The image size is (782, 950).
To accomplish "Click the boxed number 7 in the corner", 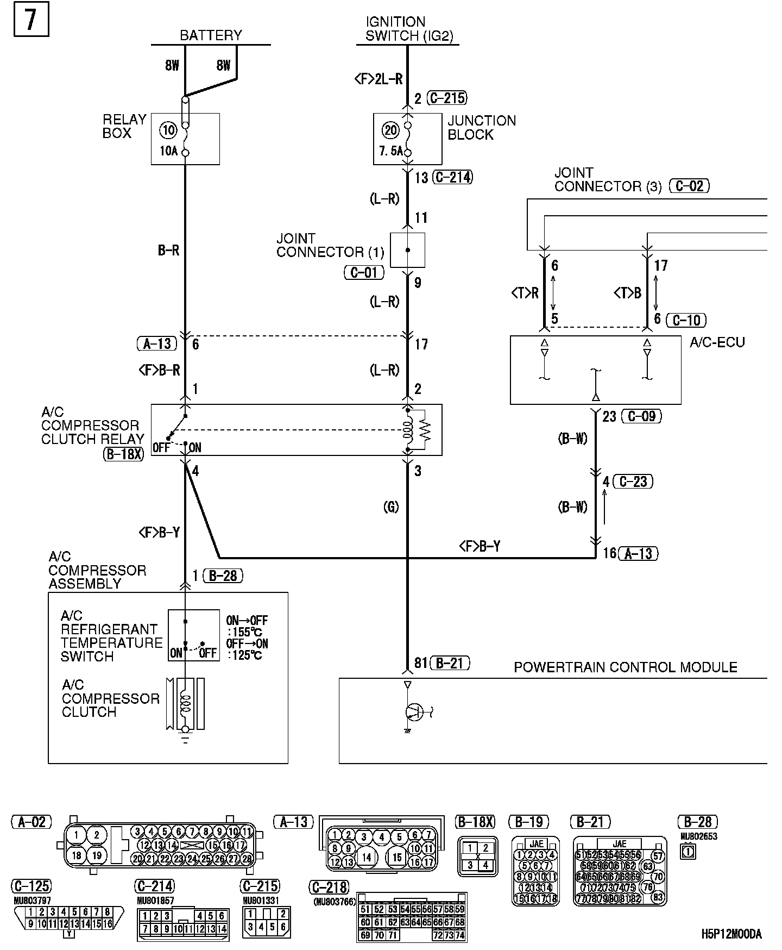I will tap(31, 20).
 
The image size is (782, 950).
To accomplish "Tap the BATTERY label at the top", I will tap(211, 36).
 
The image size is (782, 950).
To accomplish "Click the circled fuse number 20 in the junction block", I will tap(391, 130).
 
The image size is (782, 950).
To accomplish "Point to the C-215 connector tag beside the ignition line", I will tap(447, 98).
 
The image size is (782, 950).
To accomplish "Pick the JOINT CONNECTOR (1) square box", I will tap(407, 250).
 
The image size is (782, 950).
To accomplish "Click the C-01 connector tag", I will tap(364, 272).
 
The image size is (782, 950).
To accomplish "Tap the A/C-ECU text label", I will tap(717, 342).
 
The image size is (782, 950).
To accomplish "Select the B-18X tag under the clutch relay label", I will tap(124, 454).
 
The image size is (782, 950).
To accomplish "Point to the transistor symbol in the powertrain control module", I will tap(415, 711).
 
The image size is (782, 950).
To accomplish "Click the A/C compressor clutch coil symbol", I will tap(186, 704).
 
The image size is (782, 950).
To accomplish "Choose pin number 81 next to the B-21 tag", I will tap(420, 663).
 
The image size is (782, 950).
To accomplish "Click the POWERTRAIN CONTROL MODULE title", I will tap(626, 667).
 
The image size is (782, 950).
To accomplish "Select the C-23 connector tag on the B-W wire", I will tap(633, 482).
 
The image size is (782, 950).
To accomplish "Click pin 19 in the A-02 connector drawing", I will tap(97, 855).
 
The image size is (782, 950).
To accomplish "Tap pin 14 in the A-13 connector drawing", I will tap(367, 857).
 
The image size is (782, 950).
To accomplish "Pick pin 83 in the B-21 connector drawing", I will tap(658, 897).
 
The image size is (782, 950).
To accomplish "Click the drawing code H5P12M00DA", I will tap(731, 934).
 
